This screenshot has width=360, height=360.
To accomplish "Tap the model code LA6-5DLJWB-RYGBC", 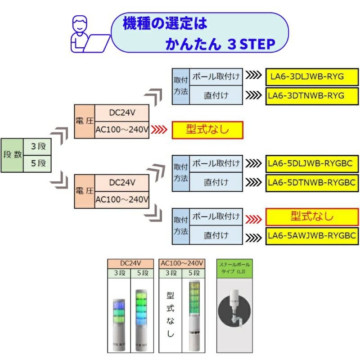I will click(x=312, y=162).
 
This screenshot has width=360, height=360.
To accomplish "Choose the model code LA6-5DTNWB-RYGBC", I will click(x=312, y=182).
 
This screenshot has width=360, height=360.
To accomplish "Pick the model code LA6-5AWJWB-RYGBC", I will click(x=312, y=235).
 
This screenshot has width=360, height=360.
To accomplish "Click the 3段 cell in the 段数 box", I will click(x=38, y=146).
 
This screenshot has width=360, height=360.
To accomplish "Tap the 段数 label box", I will click(x=13, y=154).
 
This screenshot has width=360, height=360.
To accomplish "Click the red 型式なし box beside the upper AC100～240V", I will click(x=207, y=130).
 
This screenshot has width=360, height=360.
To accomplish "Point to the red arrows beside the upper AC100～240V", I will click(x=161, y=130).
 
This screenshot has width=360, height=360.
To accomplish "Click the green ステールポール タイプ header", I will click(x=234, y=269).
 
